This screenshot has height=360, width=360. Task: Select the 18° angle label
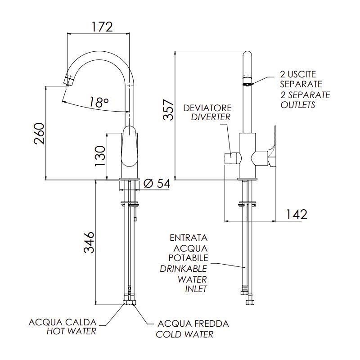click(99, 103)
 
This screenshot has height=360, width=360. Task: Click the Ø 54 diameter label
click(156, 184)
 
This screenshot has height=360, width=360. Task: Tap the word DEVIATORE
click(207, 108)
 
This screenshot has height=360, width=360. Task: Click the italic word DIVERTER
click(210, 117)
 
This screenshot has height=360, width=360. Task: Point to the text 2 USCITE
click(298, 74)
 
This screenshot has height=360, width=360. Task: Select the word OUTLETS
click(297, 105)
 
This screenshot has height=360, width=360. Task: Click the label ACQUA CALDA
click(63, 323)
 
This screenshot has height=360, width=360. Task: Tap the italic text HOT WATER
click(72, 332)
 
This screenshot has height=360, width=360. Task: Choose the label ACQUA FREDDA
click(193, 324)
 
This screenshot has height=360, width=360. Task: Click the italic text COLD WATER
click(184, 334)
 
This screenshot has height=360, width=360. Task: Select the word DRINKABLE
click(184, 268)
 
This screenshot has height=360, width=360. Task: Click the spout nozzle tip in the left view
click(68, 81)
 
